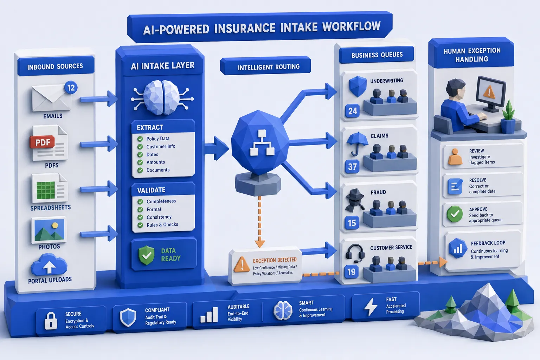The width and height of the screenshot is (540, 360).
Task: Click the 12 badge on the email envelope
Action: pos(71,88)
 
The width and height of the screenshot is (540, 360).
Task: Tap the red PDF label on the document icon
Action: pos(43,142)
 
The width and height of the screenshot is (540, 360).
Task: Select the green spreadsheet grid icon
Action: pos(45,190)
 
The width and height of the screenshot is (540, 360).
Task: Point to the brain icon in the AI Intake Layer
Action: pos(162,98)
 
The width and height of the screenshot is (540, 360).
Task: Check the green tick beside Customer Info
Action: pos(140,147)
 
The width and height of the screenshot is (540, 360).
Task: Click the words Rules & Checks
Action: pos(162,225)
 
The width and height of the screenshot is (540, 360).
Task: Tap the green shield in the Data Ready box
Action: pos(146,255)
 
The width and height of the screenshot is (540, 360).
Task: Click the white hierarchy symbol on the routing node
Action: pos(262,143)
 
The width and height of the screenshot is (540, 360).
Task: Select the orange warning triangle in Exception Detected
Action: pos(242,264)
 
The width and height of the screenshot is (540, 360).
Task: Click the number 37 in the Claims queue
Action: pos(352,167)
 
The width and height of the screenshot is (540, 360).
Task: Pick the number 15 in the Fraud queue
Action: pos(352,223)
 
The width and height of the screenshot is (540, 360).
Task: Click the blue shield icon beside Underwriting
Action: pos(358,86)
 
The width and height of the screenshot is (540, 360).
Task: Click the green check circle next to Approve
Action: pos(455,214)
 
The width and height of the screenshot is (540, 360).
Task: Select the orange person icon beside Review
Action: pos(455,157)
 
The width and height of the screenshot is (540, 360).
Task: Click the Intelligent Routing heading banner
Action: pos(265,66)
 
